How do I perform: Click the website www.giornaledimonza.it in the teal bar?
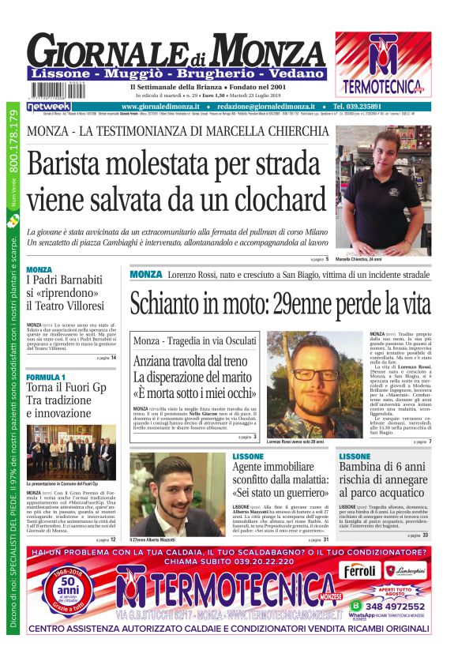tap(163, 106)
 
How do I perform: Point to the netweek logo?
tap(49, 106)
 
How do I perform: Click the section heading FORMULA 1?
tap(46, 378)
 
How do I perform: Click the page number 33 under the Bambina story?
tap(426, 535)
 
